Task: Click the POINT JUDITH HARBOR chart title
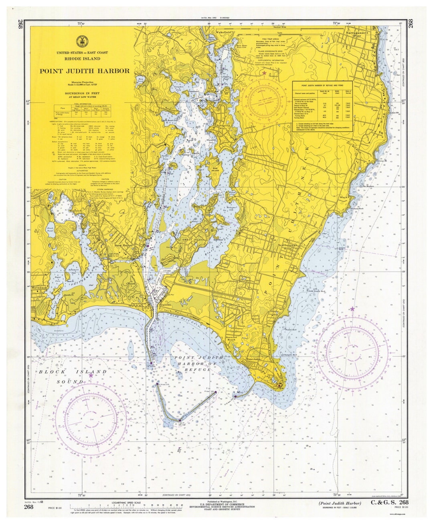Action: click(x=84, y=71)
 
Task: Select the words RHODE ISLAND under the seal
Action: click(x=84, y=59)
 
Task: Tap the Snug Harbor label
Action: click(x=123, y=245)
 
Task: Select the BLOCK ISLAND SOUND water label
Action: click(x=73, y=377)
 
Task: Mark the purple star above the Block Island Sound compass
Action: click(x=91, y=375)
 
